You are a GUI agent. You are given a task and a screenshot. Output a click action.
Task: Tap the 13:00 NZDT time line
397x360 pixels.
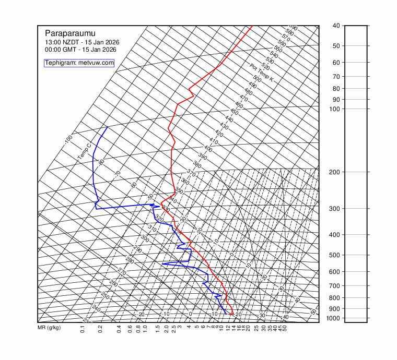coord(77,42)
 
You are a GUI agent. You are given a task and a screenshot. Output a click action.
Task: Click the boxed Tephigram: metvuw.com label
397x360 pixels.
coord(79,63)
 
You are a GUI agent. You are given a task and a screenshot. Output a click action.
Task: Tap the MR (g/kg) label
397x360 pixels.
coord(49,328)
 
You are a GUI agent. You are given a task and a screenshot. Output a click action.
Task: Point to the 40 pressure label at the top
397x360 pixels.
coord(336,26)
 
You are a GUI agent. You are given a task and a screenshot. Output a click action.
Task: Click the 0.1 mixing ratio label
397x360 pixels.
coord(83,329)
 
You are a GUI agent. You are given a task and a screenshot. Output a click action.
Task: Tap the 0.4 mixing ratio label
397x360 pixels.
coord(119,329)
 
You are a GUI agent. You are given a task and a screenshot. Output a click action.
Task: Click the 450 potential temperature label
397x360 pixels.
coord(234,112)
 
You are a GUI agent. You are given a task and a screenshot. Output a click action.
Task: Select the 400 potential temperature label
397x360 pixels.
coord(208,149)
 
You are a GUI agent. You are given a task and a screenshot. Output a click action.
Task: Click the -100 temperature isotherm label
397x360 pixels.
coord(68,139)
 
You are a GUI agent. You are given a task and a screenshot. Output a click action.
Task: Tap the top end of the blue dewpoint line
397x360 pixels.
coord(108,127)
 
